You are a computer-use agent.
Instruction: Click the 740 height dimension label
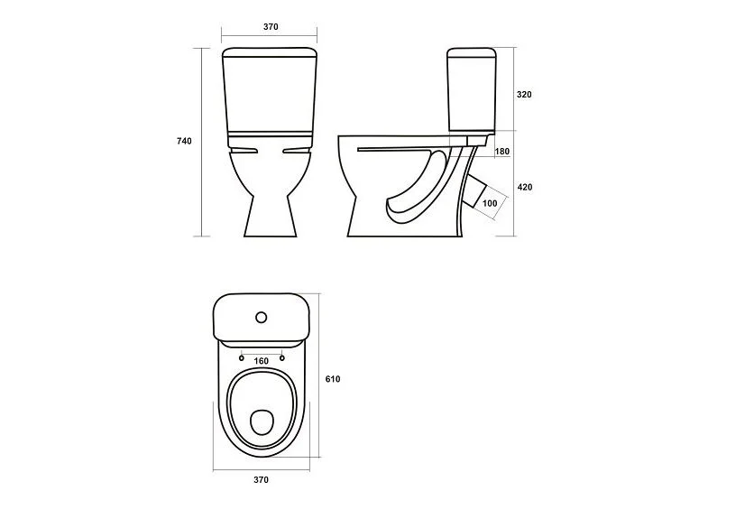[184, 141]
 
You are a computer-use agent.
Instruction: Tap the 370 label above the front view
[271, 27]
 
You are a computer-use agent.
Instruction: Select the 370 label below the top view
[262, 480]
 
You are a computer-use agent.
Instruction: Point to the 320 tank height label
[524, 95]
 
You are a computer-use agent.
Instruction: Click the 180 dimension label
[502, 152]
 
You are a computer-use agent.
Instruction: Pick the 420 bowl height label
[525, 187]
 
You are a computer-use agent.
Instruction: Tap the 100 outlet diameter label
[490, 204]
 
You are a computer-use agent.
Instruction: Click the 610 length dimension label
[333, 379]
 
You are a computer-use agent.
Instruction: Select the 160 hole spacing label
[262, 361]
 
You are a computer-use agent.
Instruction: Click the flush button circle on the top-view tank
[262, 317]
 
